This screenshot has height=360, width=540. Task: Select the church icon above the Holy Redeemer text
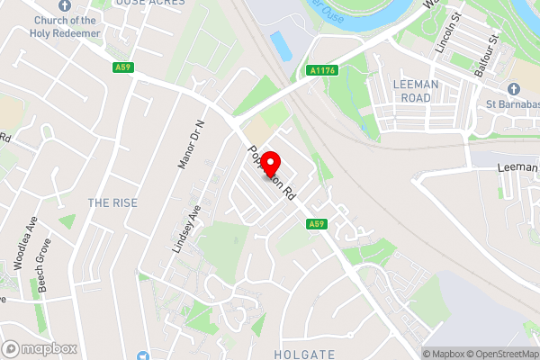tap(65, 4)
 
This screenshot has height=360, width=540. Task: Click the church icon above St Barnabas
tap(513, 89)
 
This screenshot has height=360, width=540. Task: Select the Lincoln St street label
tap(446, 33)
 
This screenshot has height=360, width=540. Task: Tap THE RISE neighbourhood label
tap(112, 202)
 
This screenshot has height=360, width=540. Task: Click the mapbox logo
tap(40, 348)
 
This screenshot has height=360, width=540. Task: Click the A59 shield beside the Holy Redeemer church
tap(123, 67)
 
